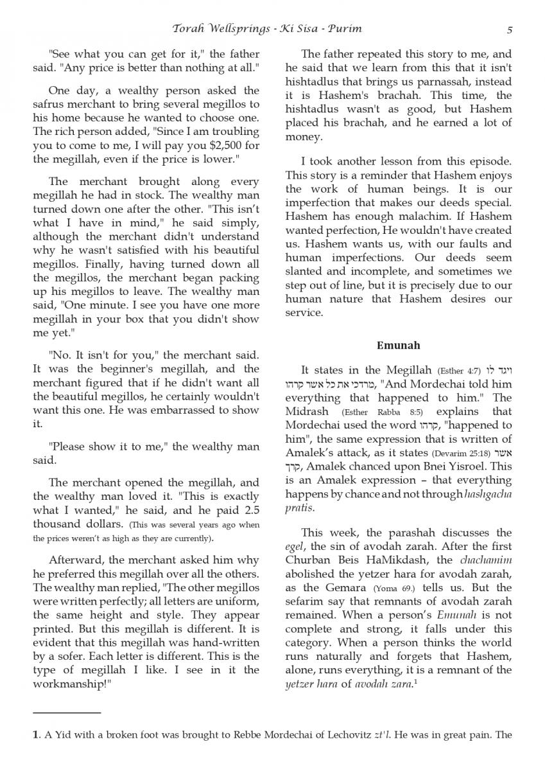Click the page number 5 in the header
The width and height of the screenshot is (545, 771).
[509, 29]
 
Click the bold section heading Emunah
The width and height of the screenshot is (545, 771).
[398, 345]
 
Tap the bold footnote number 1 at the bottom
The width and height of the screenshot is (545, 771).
[36, 736]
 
